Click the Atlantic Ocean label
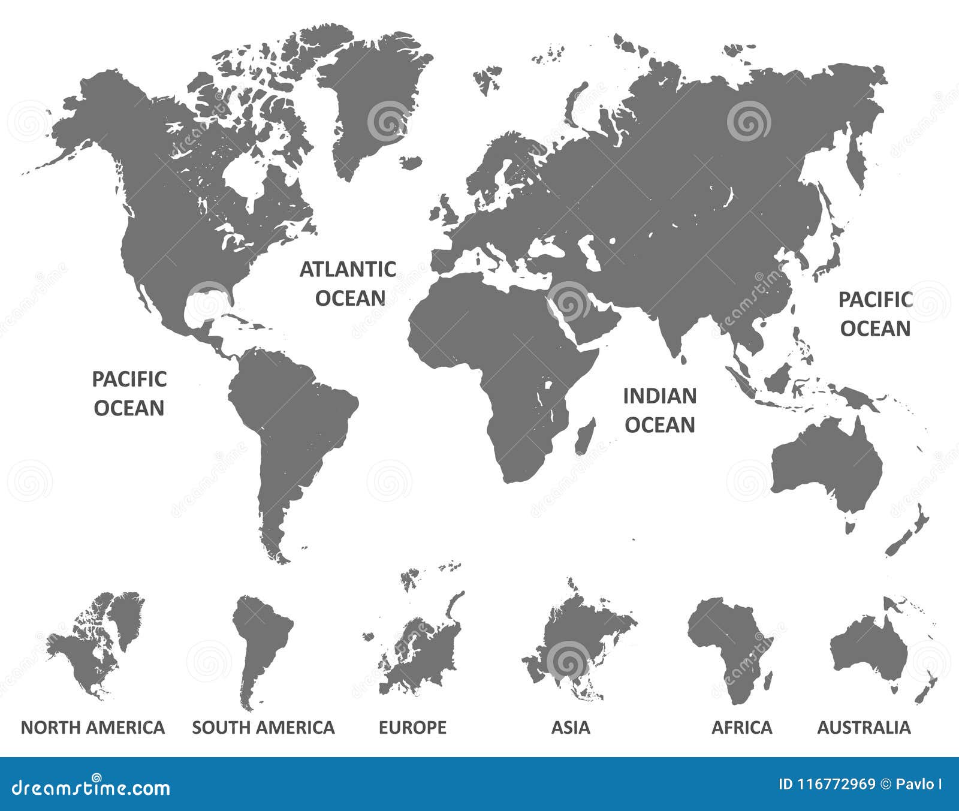(348, 284)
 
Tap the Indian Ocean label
(659, 410)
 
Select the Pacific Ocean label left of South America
(129, 393)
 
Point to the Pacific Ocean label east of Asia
(875, 313)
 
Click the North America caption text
(93, 727)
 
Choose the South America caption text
(263, 727)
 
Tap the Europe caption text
(412, 727)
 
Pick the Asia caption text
(571, 727)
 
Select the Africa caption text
(741, 727)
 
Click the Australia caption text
(864, 727)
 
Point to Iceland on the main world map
(412, 162)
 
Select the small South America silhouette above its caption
(258, 641)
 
